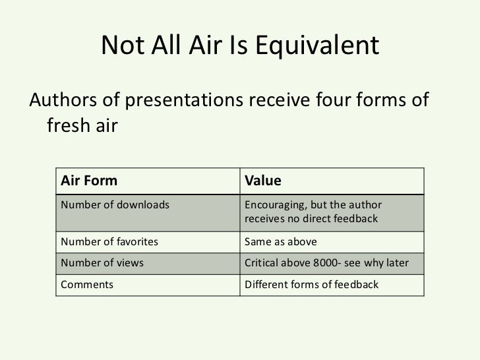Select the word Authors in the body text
tap(58, 101)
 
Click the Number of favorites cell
tap(109, 241)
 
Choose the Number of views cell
tap(102, 264)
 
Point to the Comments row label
tap(86, 285)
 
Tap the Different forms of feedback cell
tap(311, 285)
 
